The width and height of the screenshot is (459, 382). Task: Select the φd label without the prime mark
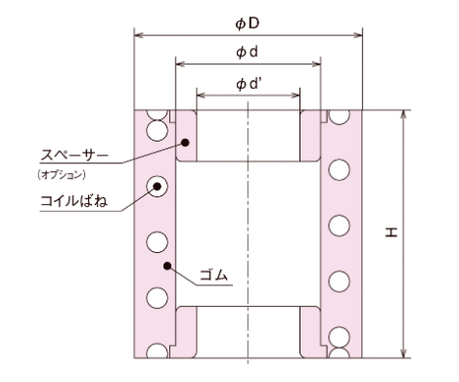coord(249,50)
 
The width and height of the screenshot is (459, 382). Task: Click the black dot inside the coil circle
coord(155,185)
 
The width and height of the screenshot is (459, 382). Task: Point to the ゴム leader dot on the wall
coord(169,264)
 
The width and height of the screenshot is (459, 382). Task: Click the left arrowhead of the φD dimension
coord(137,35)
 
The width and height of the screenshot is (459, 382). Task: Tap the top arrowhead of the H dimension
coord(402,113)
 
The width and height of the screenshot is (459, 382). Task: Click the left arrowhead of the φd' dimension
coord(199,96)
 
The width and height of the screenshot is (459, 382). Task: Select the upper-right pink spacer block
coord(312,138)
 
